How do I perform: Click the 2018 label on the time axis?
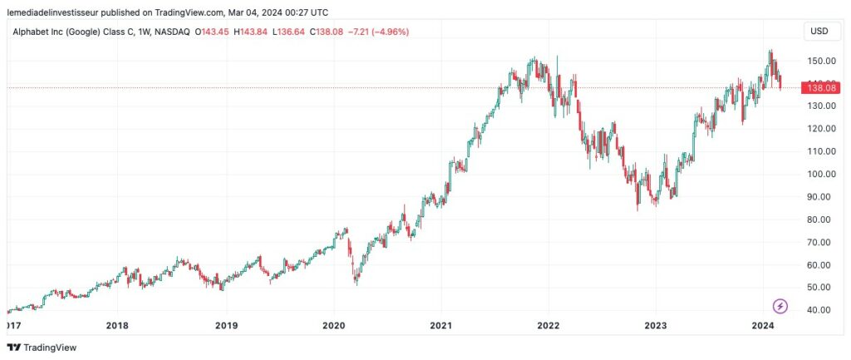118,326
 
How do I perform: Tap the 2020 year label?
332,326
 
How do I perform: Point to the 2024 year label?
762,326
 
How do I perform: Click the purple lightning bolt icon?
780,306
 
